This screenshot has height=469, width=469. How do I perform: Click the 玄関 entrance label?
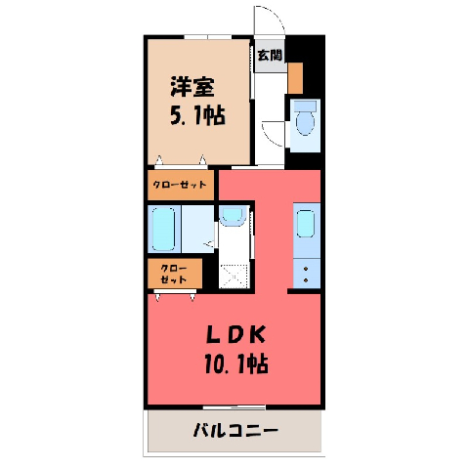[x=270, y=55]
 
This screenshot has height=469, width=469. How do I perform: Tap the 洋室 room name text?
[x=192, y=86]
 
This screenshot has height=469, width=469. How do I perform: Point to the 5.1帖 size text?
[x=197, y=115]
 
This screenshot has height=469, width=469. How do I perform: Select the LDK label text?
[x=236, y=334]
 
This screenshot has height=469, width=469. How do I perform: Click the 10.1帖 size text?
[x=236, y=363]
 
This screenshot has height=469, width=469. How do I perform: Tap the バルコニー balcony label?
[x=235, y=430]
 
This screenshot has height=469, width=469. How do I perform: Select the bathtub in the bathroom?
[x=163, y=230]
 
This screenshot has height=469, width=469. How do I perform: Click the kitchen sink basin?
[x=306, y=224]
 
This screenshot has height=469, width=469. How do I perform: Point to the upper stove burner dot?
[x=306, y=269]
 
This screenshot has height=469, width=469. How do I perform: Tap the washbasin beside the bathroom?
[x=232, y=215]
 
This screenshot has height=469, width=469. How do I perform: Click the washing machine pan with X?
[x=234, y=277]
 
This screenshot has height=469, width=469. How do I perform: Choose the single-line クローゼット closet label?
[x=180, y=185]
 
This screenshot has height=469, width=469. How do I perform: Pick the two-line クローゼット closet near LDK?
[x=174, y=274]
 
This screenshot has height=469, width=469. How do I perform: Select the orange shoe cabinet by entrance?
[x=295, y=78]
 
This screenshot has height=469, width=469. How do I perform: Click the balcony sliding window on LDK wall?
[x=234, y=407]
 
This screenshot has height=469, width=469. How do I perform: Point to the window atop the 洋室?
[x=208, y=37]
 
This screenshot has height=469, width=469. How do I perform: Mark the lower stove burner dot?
[x=306, y=280]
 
